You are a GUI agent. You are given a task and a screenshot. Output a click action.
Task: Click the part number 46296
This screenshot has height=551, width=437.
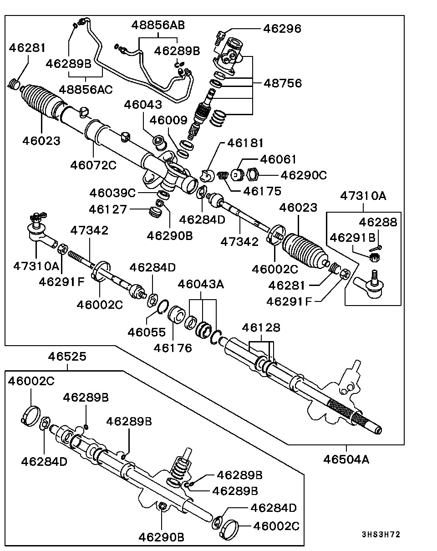point(282,29)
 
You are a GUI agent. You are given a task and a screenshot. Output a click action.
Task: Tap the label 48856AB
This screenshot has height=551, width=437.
point(158,25)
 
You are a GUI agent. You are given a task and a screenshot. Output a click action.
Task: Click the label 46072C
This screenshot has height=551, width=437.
point(93,165)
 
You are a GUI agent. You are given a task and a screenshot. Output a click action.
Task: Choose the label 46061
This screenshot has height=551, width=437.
point(278,159)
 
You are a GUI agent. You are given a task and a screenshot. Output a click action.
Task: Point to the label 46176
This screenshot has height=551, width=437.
point(173,348)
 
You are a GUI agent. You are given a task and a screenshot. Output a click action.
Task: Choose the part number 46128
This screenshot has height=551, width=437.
point(261,328)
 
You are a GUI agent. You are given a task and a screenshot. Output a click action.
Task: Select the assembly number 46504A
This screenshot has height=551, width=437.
point(346,459)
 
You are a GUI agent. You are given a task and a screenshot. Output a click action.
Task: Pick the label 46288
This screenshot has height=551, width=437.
point(378,222)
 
